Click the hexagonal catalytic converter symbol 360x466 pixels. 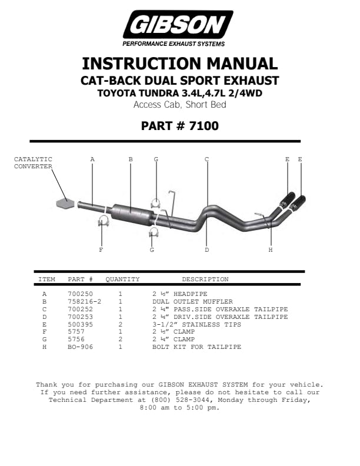coord(65,203)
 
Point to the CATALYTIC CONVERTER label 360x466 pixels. coord(33,162)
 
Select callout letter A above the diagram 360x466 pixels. coord(92,159)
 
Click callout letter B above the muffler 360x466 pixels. coord(131,159)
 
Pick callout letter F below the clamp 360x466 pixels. coord(101,250)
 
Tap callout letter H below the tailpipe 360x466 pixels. coord(271,250)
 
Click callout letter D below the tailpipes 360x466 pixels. coord(206,250)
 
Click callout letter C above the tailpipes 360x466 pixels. coord(206,159)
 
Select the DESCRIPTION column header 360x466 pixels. coord(205,279)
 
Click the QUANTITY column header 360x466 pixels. coord(122,279)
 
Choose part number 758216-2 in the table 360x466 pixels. coord(85,301)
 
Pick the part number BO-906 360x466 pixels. coord(81,347)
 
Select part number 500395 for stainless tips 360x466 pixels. coord(81,324)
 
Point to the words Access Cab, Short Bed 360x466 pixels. coord(179,105)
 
